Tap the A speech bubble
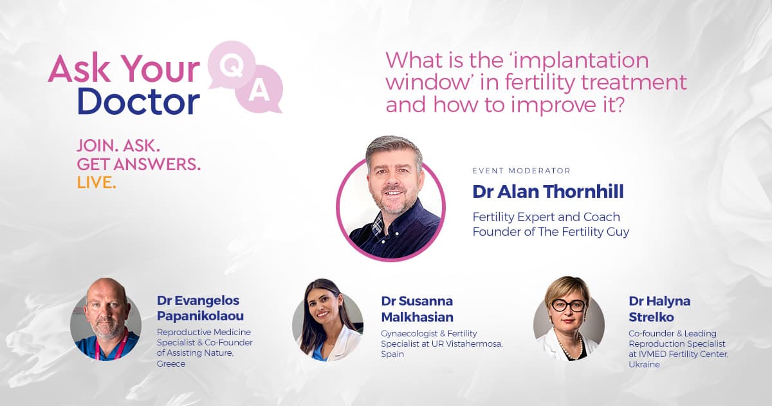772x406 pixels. tap(260, 89)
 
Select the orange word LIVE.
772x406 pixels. tap(96, 182)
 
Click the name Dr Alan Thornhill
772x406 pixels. tap(548, 191)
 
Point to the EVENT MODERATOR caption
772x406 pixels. tap(522, 171)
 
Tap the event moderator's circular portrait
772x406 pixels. tap(391, 204)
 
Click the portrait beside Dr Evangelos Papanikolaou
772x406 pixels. tap(106, 320)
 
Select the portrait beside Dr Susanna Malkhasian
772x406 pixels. tap(327, 320)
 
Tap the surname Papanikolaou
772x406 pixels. tap(200, 316)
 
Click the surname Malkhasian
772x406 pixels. tap(417, 317)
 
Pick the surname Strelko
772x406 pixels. tap(651, 317)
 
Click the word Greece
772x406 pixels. tap(171, 363)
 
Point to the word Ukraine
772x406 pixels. tap(644, 364)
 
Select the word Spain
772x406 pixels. tap(392, 354)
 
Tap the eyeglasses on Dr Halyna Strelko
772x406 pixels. tap(568, 305)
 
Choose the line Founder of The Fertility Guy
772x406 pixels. tap(551, 231)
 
